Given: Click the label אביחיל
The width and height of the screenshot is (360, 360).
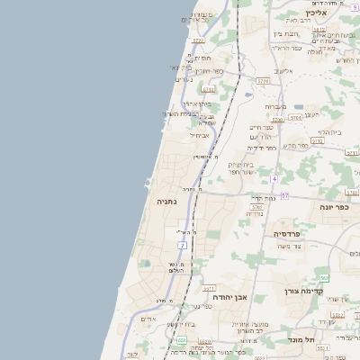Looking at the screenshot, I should tap(199, 135).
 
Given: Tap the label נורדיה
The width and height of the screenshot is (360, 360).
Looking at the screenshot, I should tap(255, 213).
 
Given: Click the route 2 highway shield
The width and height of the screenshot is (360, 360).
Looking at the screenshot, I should tap(183, 244).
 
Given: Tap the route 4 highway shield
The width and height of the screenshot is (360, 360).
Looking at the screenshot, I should tap(273, 178).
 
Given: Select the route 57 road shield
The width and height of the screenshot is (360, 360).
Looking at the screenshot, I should tap(284, 195).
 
